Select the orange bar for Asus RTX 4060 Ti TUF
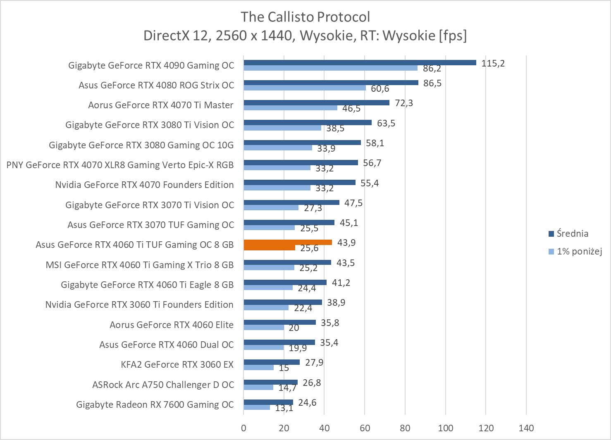click(288, 243)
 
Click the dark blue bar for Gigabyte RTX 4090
click(360, 63)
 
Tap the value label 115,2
click(493, 63)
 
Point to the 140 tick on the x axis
click(526, 428)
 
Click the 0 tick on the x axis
click(243, 428)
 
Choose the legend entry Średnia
click(572, 233)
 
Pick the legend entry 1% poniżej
click(579, 251)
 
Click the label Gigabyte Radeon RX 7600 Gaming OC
click(155, 404)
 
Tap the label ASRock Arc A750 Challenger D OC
click(163, 385)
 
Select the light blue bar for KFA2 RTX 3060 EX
click(259, 367)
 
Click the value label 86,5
click(432, 83)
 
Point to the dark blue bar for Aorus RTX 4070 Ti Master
click(316, 102)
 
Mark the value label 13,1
click(284, 408)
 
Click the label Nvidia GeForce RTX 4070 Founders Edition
click(144, 185)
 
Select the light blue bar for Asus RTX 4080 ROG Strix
click(305, 88)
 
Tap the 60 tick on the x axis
click(365, 428)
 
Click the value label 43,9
click(346, 243)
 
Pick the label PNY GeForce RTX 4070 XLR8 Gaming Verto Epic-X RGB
click(120, 165)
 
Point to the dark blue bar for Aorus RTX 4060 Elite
click(279, 322)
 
